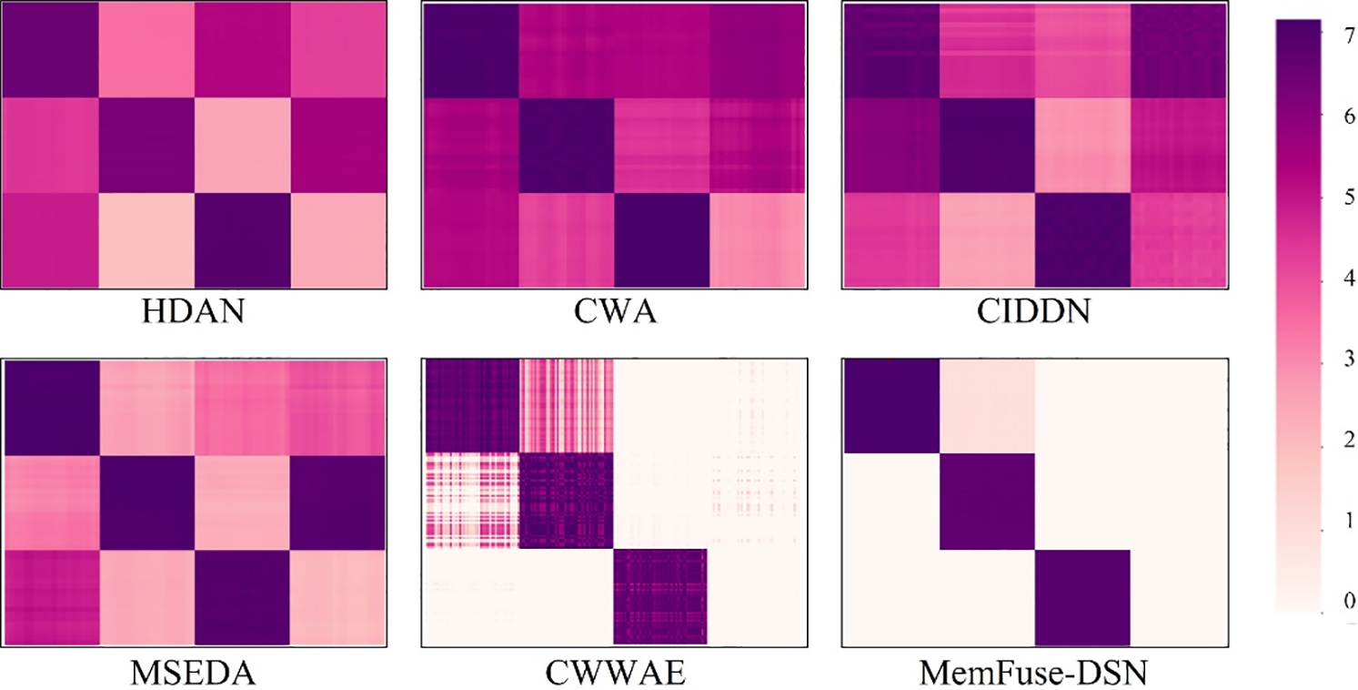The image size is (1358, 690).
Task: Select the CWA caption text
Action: [613, 317]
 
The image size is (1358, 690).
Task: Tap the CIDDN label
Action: [1035, 317]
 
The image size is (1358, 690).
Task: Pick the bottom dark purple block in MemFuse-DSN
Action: [1081, 598]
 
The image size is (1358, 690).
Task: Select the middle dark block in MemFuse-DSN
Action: [987, 502]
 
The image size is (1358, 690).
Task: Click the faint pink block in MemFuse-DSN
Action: [987, 407]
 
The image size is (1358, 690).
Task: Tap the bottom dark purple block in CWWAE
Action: [660, 596]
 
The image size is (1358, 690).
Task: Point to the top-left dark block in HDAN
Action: [51, 50]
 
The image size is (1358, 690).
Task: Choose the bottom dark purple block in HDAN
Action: [241, 242]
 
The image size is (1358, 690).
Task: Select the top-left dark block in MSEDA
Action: [51, 407]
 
